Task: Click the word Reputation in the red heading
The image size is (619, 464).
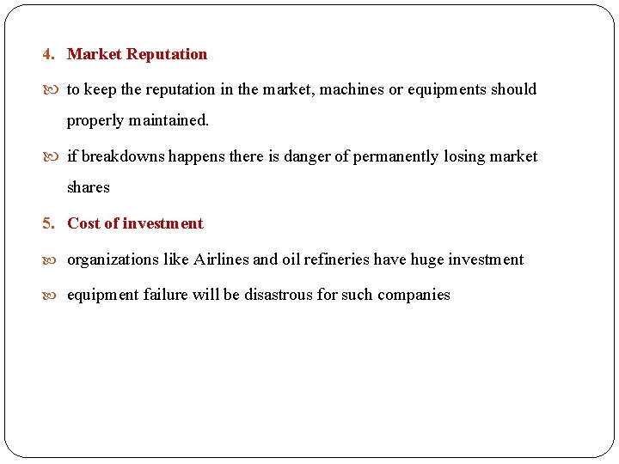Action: pyautogui.click(x=167, y=54)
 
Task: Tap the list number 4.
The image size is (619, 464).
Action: pyautogui.click(x=47, y=54)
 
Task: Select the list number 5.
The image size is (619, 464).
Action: pyautogui.click(x=47, y=223)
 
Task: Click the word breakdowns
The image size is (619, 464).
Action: pyautogui.click(x=123, y=156)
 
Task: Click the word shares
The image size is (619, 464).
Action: pyautogui.click(x=89, y=187)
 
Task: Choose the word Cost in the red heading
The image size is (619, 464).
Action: pyautogui.click(x=83, y=223)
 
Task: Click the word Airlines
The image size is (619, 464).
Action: pyautogui.click(x=221, y=259)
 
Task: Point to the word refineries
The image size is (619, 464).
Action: pyautogui.click(x=333, y=259)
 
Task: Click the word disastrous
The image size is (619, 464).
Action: pyautogui.click(x=279, y=295)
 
